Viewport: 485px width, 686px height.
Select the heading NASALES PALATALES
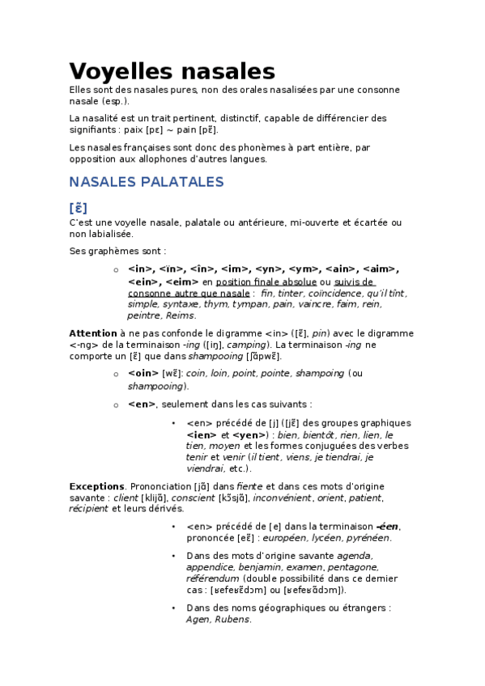coord(146,182)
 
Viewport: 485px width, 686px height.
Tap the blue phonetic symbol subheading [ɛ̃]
coord(79,207)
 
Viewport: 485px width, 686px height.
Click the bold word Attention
coord(92,332)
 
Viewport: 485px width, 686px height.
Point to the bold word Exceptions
coord(96,486)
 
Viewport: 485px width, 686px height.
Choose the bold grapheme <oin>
coord(143,373)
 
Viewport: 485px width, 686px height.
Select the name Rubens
coord(232,620)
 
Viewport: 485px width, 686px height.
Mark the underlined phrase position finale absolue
coord(261,281)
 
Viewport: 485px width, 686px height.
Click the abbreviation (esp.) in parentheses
coord(115,101)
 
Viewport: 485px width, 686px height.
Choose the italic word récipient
coord(89,509)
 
